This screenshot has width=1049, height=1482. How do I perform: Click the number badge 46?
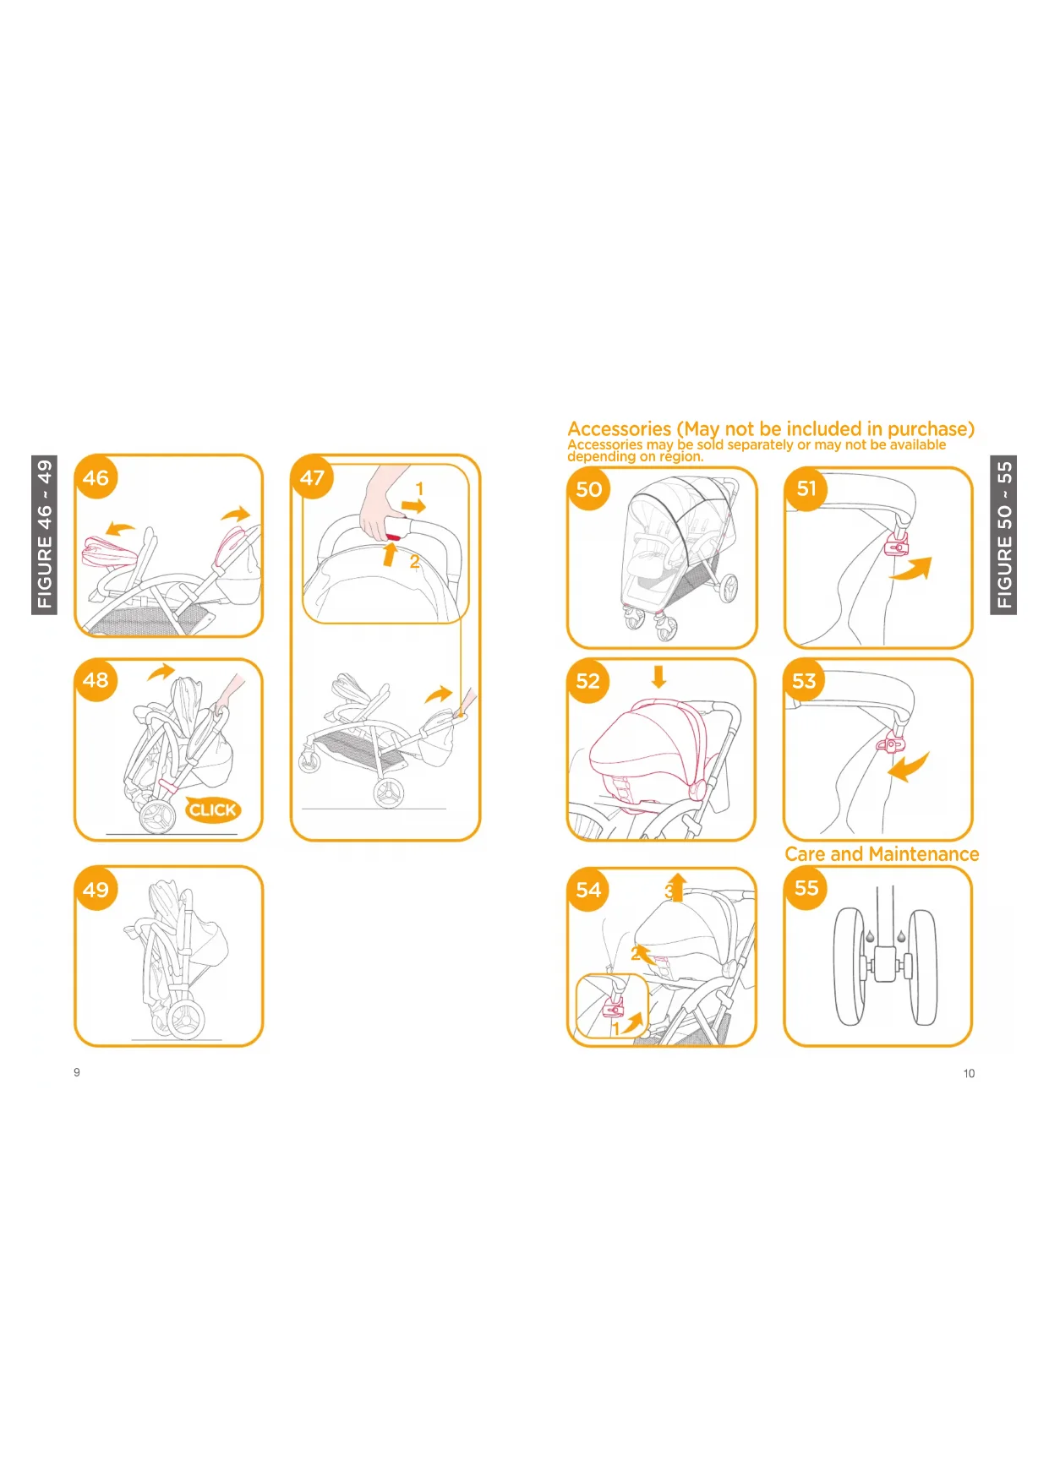(96, 477)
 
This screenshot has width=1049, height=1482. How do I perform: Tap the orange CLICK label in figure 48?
(213, 810)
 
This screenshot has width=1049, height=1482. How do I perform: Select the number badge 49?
(96, 889)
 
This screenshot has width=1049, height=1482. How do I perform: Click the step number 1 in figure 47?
(419, 489)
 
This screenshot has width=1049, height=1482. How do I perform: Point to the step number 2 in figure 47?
(414, 562)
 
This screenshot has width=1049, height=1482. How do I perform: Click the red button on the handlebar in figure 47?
(392, 537)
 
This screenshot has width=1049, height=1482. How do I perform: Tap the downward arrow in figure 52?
(659, 676)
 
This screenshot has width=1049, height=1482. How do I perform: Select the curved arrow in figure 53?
(910, 767)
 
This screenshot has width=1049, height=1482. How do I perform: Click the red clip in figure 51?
(896, 546)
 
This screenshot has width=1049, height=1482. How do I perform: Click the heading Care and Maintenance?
(882, 854)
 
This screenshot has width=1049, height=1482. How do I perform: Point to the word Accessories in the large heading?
(620, 429)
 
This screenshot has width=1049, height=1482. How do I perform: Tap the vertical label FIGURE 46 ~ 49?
(45, 535)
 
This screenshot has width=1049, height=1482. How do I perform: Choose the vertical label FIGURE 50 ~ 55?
(1003, 535)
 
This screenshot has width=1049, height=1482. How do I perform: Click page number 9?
(77, 1072)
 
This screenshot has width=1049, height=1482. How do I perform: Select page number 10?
(969, 1073)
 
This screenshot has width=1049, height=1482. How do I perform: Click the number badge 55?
(806, 888)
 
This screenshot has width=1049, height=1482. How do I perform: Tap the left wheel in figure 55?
(848, 967)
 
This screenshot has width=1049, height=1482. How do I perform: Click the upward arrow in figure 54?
(677, 887)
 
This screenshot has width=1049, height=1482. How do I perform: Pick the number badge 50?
(589, 489)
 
